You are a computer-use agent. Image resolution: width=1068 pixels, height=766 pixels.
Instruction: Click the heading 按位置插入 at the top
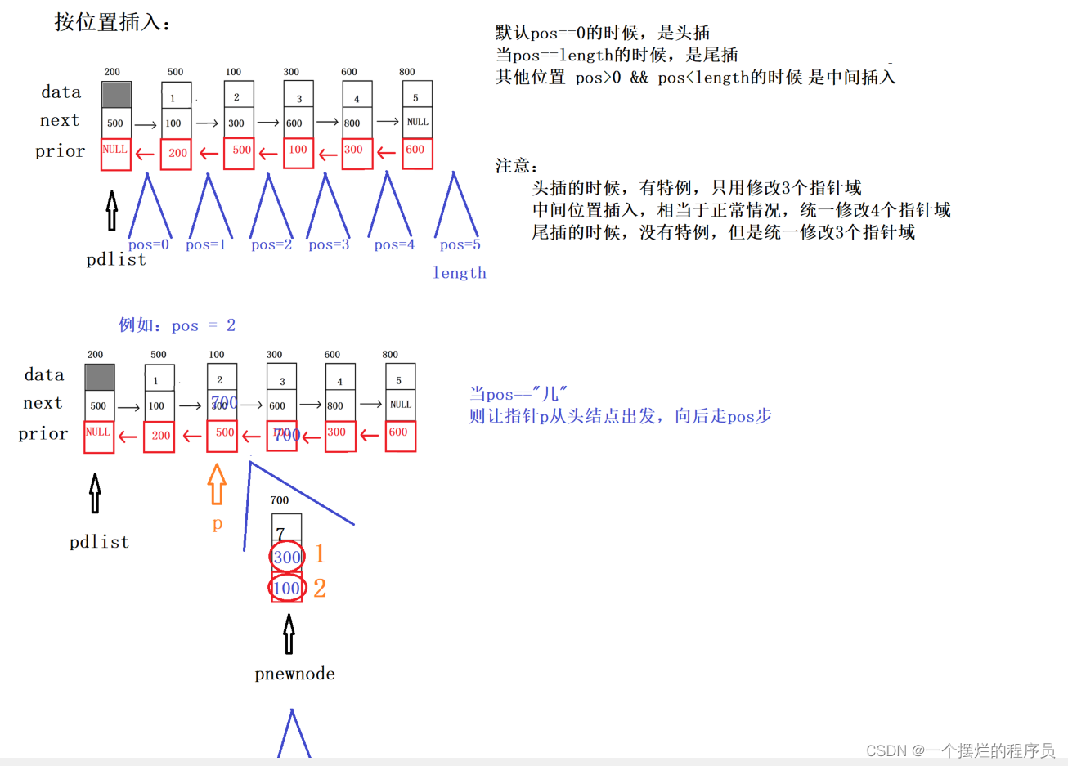[112, 22]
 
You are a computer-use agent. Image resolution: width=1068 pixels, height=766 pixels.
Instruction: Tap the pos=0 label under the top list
[148, 244]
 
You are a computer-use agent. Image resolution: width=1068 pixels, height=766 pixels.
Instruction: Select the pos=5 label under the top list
[460, 244]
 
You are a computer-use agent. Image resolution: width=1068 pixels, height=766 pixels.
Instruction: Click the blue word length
[460, 273]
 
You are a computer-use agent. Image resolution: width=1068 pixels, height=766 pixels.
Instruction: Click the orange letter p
[218, 524]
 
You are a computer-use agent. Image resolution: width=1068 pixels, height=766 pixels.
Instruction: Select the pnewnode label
[294, 674]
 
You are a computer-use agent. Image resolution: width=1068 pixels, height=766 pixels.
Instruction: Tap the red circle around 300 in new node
[287, 557]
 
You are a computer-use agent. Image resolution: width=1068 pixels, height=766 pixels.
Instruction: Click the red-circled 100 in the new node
[287, 588]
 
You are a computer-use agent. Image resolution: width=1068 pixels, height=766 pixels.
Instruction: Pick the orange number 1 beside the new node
[320, 554]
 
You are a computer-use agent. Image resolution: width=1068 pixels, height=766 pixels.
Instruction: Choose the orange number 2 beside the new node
[320, 588]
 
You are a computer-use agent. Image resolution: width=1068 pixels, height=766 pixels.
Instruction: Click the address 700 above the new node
[280, 500]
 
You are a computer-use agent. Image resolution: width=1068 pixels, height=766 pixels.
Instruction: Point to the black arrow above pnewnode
[289, 634]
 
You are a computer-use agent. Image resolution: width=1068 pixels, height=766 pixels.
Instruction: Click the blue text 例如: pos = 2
[177, 325]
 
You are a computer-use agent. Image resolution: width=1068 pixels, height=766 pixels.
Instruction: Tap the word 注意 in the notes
[517, 166]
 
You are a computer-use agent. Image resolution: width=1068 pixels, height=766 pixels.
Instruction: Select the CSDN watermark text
[960, 750]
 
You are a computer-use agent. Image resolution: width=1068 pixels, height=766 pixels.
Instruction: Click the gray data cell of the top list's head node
[116, 94]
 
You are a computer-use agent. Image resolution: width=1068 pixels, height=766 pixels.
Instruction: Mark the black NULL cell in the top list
[417, 122]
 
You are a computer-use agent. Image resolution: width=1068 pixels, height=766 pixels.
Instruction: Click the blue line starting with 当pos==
[518, 394]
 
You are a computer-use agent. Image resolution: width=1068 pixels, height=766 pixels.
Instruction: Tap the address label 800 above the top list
[406, 72]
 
